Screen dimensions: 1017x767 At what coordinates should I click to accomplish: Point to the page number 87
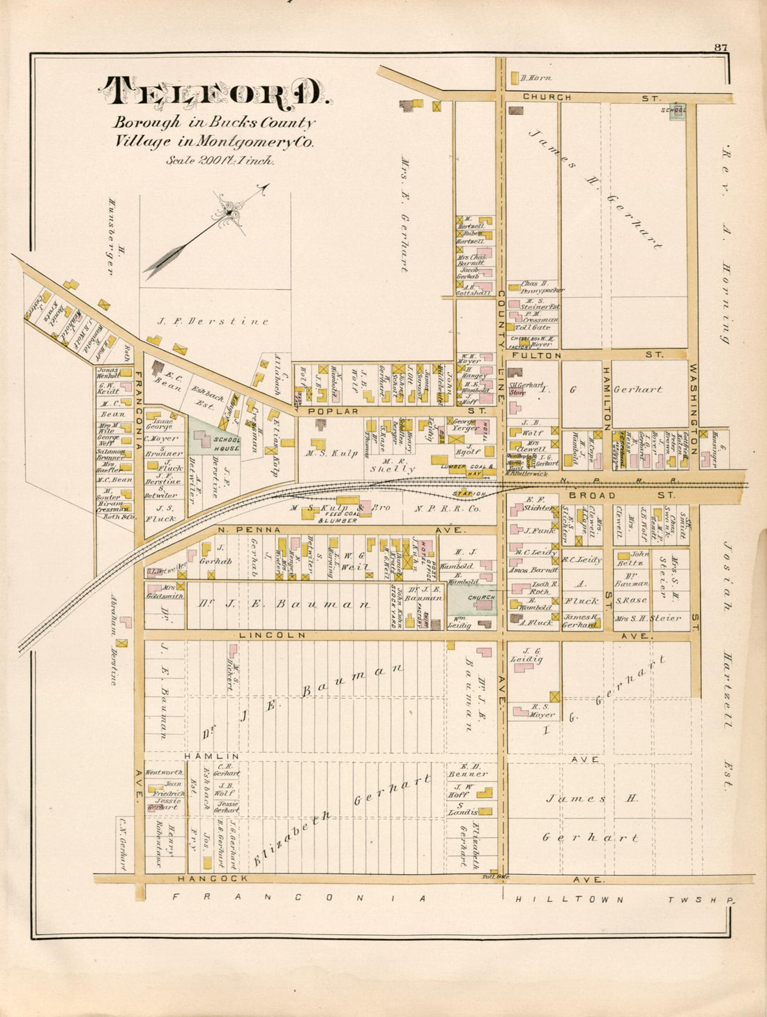[720, 47]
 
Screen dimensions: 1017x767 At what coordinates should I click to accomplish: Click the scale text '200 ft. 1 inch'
[220, 160]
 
